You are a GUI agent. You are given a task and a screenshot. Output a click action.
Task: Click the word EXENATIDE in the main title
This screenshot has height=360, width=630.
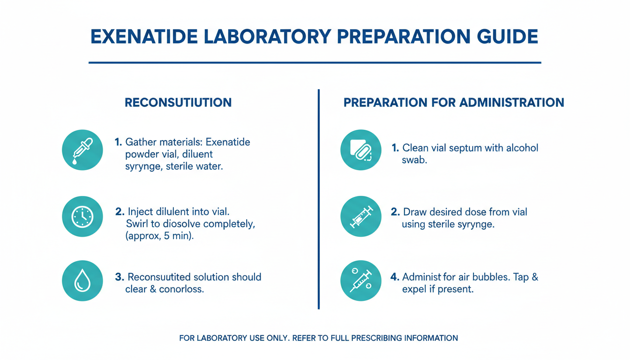coord(144,37)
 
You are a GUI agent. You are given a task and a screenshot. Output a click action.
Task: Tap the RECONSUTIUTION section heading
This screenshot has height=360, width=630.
coord(178,102)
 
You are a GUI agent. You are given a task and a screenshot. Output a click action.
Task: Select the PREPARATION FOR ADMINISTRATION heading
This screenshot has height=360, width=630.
coord(454,102)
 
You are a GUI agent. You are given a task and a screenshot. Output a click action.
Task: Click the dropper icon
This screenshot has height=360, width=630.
coord(82,150)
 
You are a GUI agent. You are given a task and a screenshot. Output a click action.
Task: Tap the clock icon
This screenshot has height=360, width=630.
coord(82,217)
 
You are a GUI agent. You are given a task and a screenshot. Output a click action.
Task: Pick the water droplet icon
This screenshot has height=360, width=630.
coord(82,281)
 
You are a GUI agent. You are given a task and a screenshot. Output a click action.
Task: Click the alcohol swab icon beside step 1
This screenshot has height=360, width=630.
coord(361,150)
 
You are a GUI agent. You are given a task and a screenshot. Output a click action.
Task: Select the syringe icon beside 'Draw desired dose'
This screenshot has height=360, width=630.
coord(361,217)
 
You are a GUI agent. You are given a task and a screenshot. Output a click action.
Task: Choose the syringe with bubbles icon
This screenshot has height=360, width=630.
coord(361,281)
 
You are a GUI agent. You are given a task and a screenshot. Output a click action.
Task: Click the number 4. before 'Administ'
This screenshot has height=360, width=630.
coord(395,277)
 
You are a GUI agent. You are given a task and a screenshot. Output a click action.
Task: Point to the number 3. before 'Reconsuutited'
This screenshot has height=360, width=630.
coord(120,277)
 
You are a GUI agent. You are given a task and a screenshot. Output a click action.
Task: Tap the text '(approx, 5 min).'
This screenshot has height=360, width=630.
coord(159,236)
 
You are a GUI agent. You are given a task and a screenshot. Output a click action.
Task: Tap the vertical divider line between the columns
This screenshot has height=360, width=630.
coord(319,199)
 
